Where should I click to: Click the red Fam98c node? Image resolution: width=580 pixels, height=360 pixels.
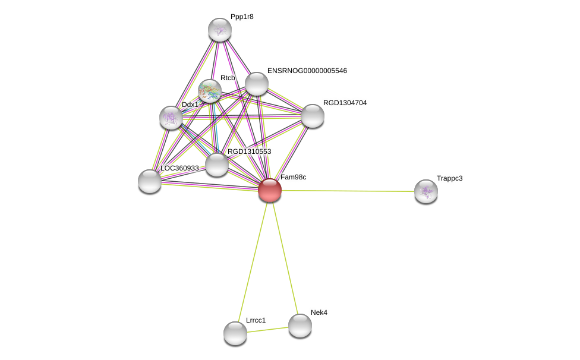pos(270,190)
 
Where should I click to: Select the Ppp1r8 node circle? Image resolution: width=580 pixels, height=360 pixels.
pos(220,30)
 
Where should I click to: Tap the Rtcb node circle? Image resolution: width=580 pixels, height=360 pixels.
pos(210,91)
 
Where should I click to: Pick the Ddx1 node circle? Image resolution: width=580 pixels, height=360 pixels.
pos(171,118)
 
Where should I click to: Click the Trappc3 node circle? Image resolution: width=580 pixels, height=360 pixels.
pos(426,191)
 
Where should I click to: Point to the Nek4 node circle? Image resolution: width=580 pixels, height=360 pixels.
pos(300,325)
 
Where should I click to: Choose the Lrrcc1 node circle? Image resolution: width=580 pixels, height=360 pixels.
pos(235,333)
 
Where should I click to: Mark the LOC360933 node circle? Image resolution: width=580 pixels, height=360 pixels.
pos(150,181)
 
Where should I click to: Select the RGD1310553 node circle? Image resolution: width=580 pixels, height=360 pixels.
pos(217,165)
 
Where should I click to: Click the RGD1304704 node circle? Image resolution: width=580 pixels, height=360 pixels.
pos(313,116)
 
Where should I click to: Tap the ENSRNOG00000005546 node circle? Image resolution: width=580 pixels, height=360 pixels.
pos(257,84)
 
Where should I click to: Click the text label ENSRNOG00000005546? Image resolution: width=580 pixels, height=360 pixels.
pos(307,71)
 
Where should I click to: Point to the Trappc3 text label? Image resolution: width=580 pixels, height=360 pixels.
pos(449,178)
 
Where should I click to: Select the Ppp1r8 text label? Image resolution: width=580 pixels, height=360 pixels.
pos(242,17)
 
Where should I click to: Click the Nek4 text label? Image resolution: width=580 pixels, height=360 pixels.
pos(319,312)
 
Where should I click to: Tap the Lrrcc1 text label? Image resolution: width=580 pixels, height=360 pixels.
pos(256,320)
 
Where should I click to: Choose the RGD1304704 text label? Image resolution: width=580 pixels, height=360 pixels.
pos(345,103)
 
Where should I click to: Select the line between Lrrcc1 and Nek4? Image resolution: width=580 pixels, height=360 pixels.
pos(267,329)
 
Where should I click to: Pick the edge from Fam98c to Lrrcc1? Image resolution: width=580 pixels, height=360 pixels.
pos(253,261)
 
